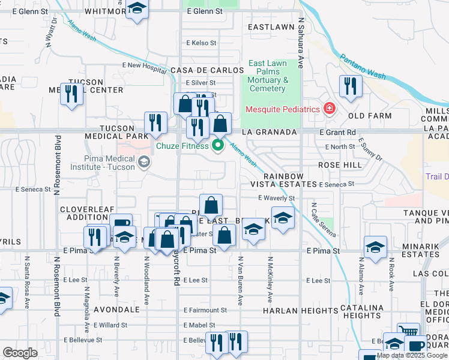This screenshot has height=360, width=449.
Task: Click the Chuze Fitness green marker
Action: click(x=218, y=146)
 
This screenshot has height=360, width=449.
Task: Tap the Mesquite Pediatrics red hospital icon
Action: click(x=329, y=109)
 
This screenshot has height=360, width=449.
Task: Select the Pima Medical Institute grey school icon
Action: click(x=143, y=161)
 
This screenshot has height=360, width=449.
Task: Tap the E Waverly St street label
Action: click(x=277, y=198)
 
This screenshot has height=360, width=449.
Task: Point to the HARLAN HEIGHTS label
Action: click(x=300, y=311)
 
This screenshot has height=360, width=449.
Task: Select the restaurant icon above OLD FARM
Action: click(x=348, y=86)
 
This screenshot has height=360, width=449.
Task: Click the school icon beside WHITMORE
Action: click(x=137, y=9)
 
